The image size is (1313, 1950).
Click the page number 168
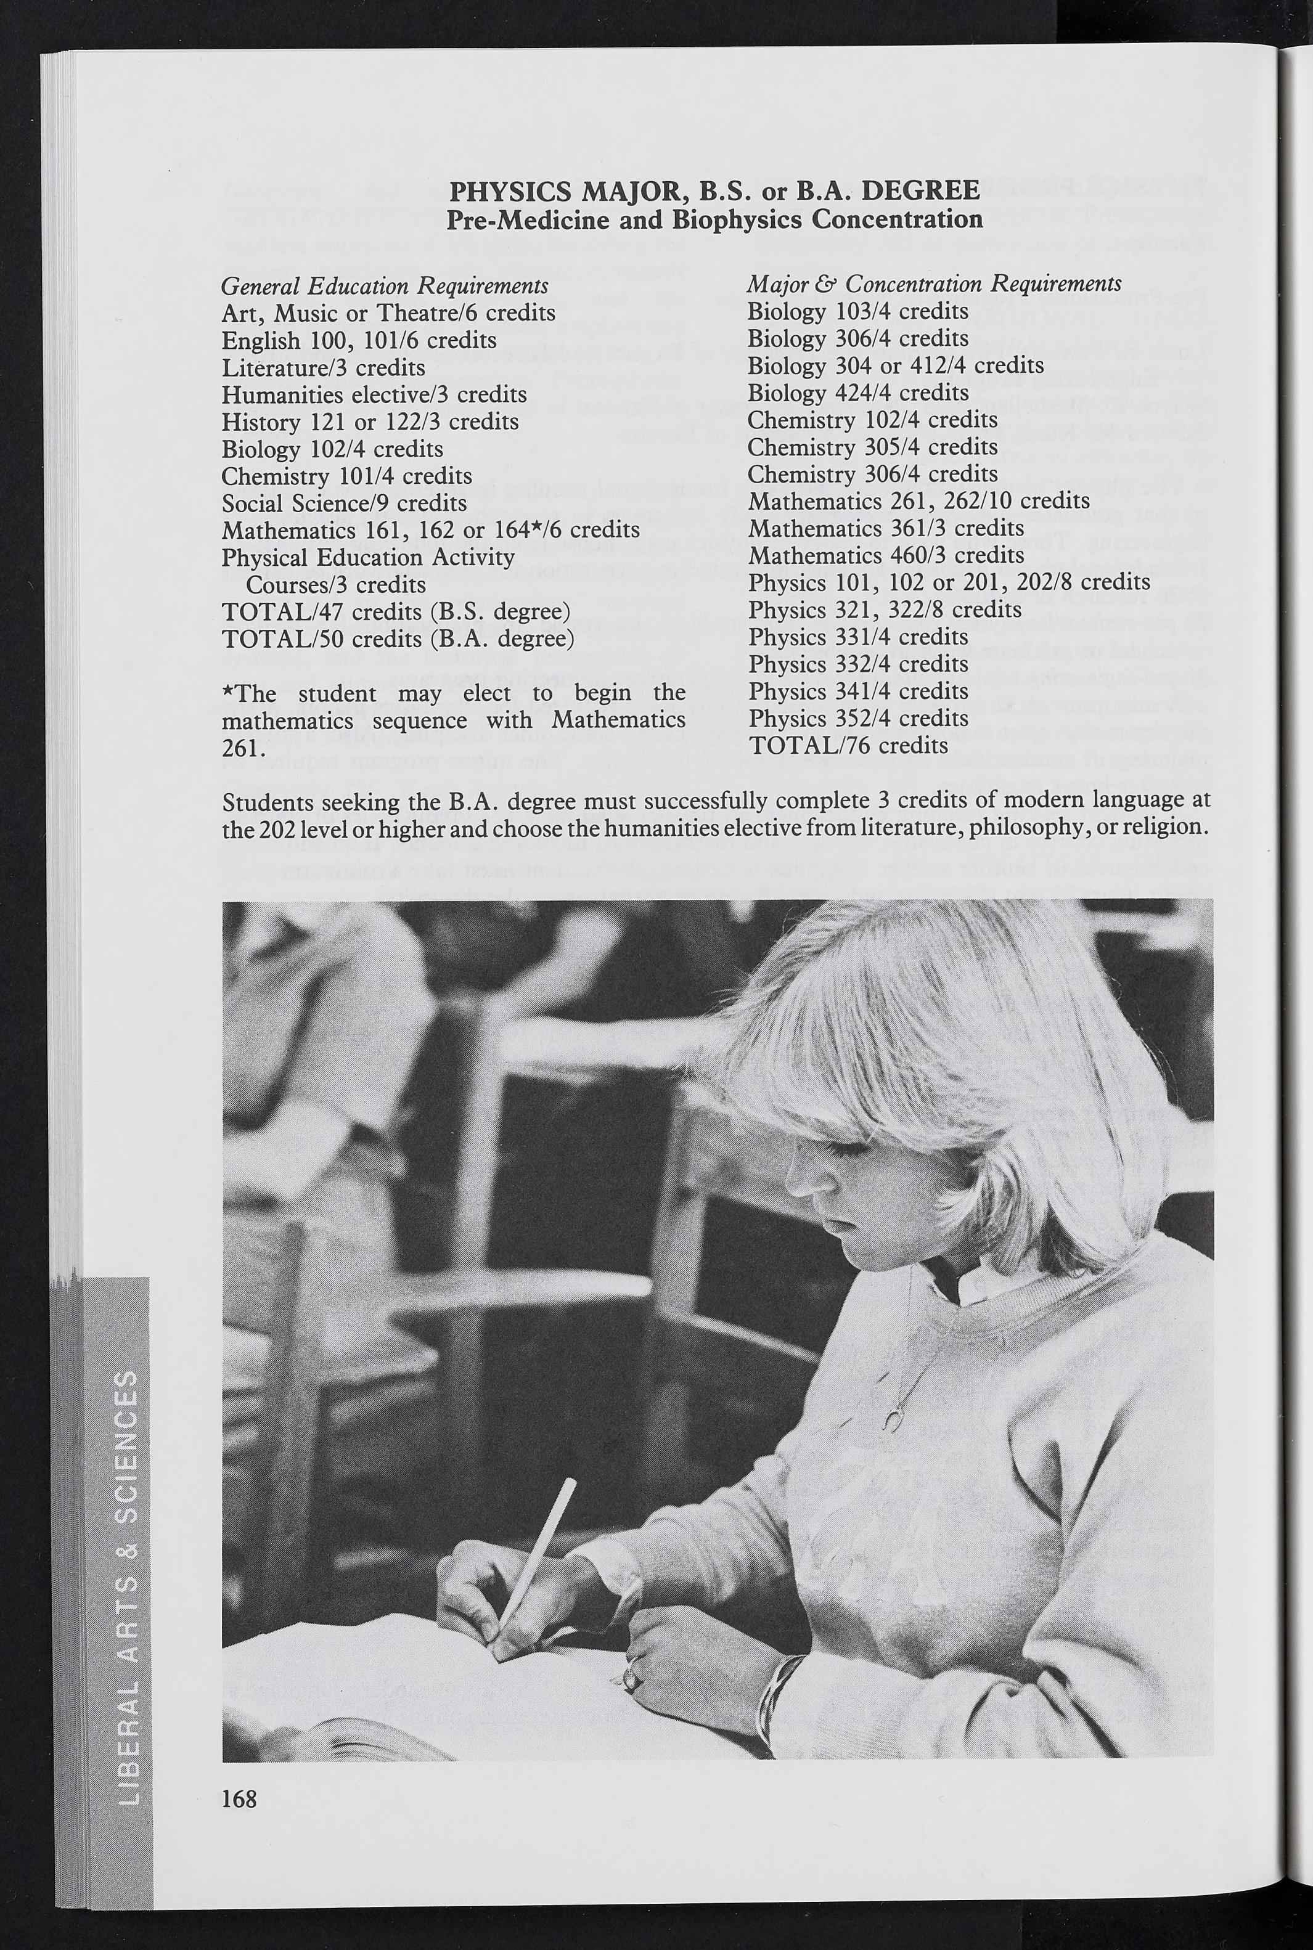(239, 1797)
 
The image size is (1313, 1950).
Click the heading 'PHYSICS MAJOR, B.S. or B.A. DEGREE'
(714, 192)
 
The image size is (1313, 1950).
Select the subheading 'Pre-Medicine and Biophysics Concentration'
(714, 219)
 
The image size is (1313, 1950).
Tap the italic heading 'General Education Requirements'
(385, 285)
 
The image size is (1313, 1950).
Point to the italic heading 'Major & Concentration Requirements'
(934, 284)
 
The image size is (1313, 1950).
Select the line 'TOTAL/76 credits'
(848, 745)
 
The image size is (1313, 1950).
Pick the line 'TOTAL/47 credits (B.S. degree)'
(395, 611)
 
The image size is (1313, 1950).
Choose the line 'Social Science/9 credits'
(343, 502)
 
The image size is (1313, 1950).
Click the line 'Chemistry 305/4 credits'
(872, 446)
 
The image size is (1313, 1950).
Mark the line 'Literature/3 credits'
(322, 367)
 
